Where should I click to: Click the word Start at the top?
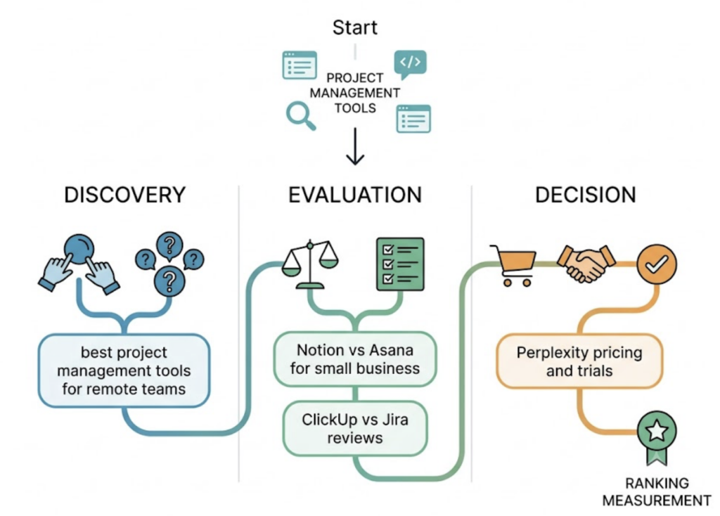coord(354,27)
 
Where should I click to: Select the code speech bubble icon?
coord(410,64)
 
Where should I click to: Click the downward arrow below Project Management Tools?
coord(355,146)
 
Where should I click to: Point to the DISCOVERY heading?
coord(125,195)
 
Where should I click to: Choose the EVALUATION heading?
coord(355,195)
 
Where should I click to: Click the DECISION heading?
coord(586,195)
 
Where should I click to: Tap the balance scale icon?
coord(310,264)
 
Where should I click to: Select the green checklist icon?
coord(400,264)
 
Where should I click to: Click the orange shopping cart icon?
coord(513,265)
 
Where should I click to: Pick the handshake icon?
coord(586,263)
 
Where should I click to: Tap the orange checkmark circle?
coord(657,264)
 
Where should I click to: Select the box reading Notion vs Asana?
coord(355,359)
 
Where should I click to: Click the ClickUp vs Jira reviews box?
coord(355,428)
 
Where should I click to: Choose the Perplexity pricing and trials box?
coord(579,361)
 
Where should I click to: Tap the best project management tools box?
coord(124,370)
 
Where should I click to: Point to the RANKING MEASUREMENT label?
coord(657,491)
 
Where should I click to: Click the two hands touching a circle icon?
coord(79,263)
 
